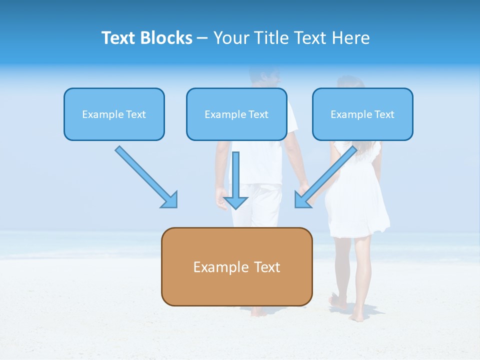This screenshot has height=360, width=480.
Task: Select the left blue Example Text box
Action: coord(114,114)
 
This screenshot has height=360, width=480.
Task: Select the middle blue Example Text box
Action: coord(236,114)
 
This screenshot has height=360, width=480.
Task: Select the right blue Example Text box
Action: coord(362,114)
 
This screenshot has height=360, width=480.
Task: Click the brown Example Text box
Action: coord(236,266)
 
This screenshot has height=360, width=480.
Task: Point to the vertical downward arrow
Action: coord(236,180)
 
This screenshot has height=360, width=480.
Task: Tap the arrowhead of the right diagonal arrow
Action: coord(301,200)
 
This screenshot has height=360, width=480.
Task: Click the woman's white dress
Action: coord(357,200)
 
